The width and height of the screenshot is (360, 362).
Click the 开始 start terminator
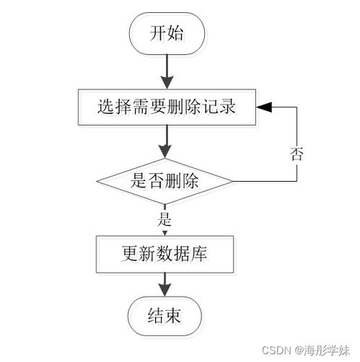click(x=167, y=33)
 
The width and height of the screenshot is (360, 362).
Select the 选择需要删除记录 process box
click(x=167, y=108)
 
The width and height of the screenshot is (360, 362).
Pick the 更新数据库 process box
click(x=167, y=254)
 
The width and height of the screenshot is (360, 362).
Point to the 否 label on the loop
click(x=296, y=154)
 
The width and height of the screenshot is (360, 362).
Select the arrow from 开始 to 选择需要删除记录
click(x=167, y=72)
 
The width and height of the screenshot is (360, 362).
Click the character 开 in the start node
click(x=157, y=33)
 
